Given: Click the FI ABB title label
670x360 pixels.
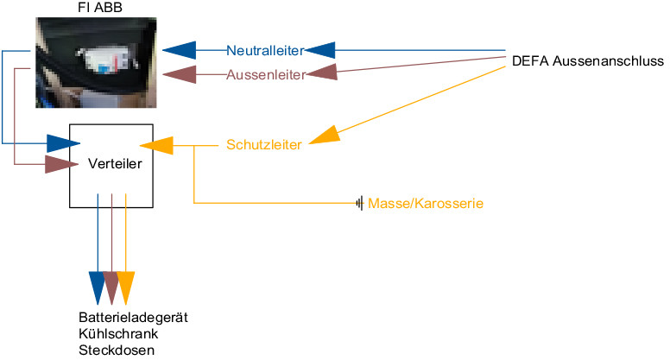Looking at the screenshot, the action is tap(100, 8).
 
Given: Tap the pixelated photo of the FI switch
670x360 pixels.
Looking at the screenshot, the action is tap(96, 62).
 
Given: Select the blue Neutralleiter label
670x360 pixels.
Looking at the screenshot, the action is tap(265, 50).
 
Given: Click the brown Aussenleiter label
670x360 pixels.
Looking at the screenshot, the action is tap(266, 75).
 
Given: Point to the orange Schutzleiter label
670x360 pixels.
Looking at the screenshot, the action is tap(264, 145).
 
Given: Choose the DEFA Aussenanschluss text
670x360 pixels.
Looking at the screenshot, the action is tap(588, 61).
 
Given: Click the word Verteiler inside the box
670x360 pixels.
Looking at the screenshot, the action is tap(115, 163).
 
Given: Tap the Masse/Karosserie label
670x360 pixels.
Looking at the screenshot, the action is tap(426, 203).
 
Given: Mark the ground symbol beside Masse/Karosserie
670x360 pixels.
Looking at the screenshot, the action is tap(359, 203).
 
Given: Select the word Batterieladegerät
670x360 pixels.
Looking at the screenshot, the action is tap(133, 318).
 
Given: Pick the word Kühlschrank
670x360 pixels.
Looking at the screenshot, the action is tap(118, 333).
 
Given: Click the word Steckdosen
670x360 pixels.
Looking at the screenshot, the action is tap(117, 351).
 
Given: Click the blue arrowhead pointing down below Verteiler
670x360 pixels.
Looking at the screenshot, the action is tap(97, 287).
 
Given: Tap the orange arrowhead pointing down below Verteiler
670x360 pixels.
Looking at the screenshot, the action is tap(126, 287).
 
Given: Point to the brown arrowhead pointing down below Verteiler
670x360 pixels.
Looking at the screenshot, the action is tap(111, 287).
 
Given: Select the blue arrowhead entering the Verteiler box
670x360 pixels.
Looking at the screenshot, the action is tap(63, 143).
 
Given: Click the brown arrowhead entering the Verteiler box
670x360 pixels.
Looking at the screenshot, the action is tap(61, 164).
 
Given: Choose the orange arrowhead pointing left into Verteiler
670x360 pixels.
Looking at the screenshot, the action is tap(156, 145).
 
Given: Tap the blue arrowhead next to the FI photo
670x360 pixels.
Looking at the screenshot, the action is tap(179, 50).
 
